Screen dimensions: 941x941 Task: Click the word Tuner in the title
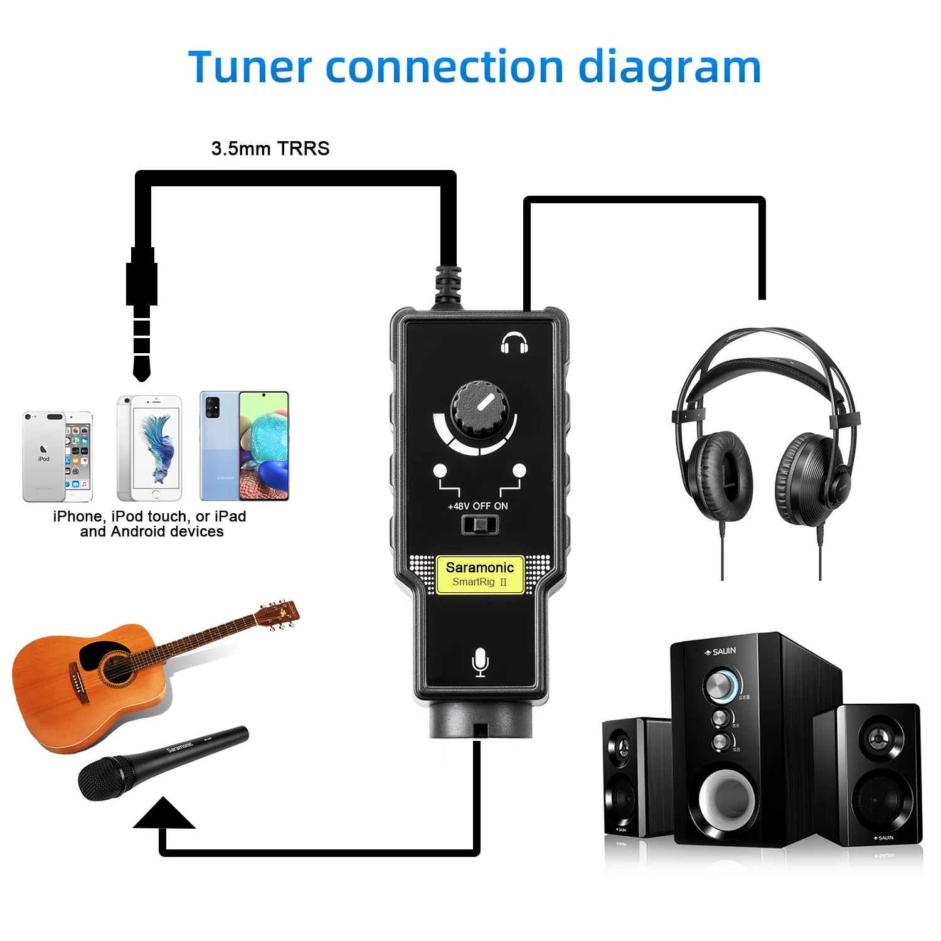click(x=250, y=68)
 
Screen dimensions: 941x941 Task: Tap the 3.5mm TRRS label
click(x=270, y=149)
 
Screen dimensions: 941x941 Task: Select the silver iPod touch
click(x=57, y=456)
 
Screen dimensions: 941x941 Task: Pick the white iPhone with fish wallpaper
click(x=149, y=447)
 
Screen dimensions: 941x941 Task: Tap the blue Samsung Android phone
click(x=244, y=445)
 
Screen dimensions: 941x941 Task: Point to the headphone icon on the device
click(x=514, y=343)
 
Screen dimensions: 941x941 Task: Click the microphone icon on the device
click(x=480, y=662)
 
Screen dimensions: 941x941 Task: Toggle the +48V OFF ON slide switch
click(x=480, y=524)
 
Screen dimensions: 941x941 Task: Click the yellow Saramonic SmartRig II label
click(x=480, y=574)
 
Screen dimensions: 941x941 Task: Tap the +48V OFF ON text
click(x=478, y=506)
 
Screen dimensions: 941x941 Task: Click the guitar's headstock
click(x=279, y=613)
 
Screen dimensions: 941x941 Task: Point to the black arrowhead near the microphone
click(x=164, y=814)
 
